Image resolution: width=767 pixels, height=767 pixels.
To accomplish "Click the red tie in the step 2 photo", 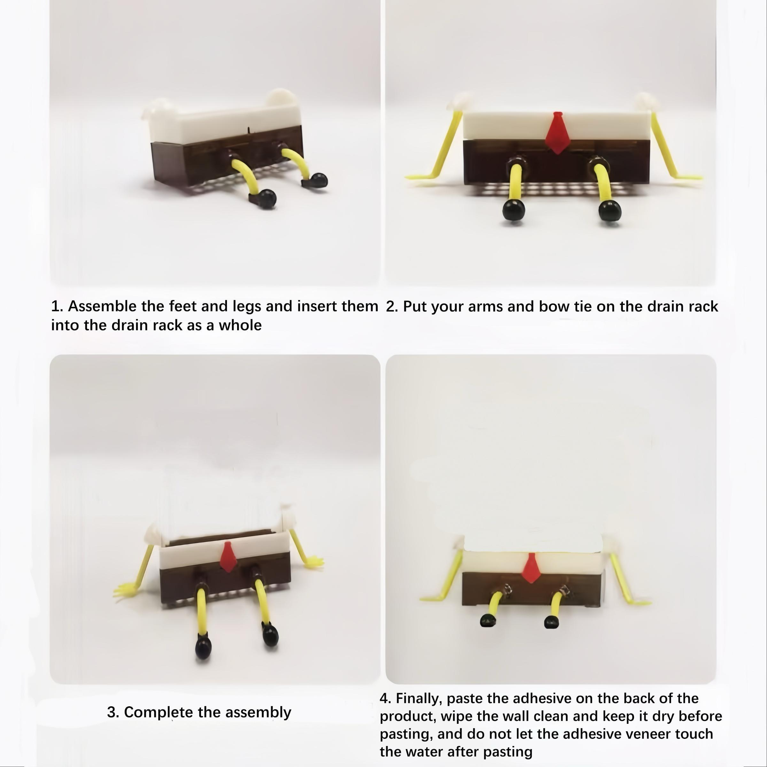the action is point(557,133).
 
